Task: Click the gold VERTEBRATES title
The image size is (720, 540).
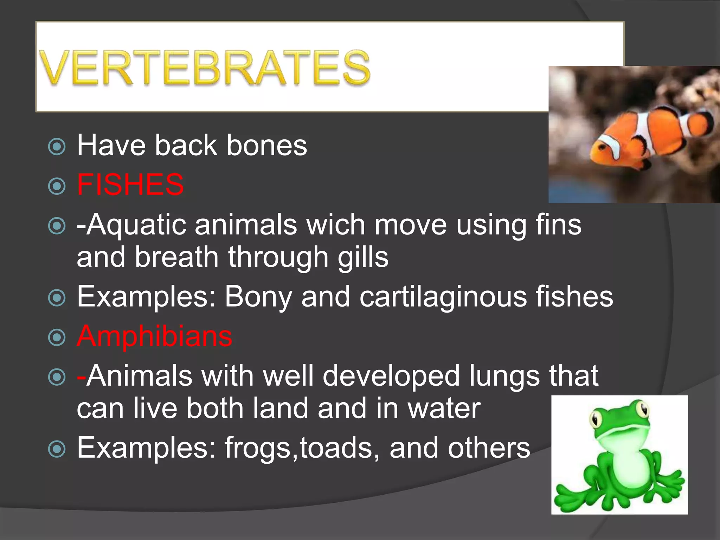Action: (205, 68)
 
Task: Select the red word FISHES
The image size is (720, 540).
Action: (130, 185)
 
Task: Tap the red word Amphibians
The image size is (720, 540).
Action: (154, 336)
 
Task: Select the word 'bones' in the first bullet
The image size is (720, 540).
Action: (267, 145)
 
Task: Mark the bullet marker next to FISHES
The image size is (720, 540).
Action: (57, 186)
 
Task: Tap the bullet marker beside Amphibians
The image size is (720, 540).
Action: (57, 337)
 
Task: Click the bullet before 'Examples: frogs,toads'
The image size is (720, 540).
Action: (57, 449)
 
